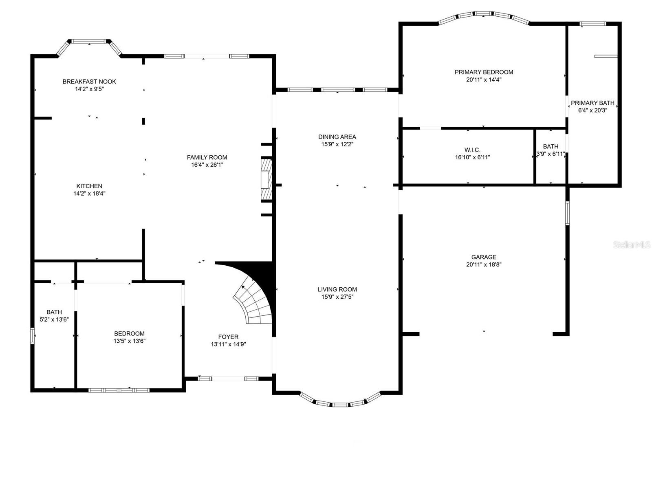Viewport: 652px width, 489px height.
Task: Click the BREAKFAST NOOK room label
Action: [89, 81]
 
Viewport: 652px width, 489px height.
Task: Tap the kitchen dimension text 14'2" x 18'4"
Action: [89, 194]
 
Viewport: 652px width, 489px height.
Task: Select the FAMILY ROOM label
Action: [207, 157]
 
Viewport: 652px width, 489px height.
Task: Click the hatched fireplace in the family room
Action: [267, 180]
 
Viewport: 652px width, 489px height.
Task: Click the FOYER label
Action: [228, 337]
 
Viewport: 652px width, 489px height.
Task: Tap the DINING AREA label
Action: [337, 137]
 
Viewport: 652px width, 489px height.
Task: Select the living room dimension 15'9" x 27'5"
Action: [337, 297]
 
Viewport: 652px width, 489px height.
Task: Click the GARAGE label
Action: [484, 257]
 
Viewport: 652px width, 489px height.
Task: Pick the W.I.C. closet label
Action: [472, 150]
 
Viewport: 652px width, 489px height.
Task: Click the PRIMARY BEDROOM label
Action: [484, 72]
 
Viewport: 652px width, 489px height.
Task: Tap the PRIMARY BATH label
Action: [593, 103]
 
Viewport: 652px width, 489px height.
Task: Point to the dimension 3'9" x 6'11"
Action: [551, 154]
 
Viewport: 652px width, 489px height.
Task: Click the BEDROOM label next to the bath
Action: [129, 333]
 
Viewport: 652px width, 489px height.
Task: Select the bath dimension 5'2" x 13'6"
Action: [54, 320]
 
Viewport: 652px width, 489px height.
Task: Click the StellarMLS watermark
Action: [632, 244]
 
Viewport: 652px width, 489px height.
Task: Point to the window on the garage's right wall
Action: [567, 213]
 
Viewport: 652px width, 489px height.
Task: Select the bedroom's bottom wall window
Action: [119, 390]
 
